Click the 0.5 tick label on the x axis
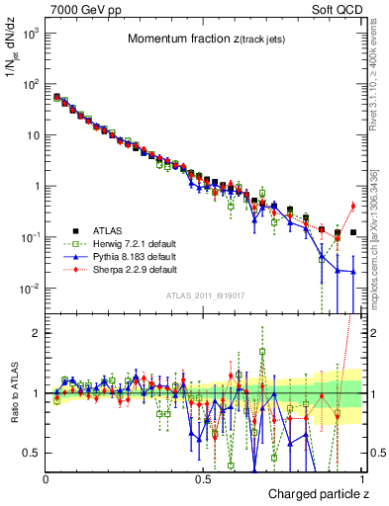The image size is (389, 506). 203,478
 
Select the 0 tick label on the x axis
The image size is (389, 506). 46,478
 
